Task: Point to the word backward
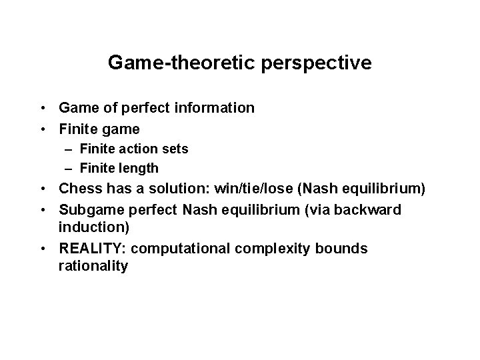coord(370,211)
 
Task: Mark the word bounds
coord(341,249)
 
